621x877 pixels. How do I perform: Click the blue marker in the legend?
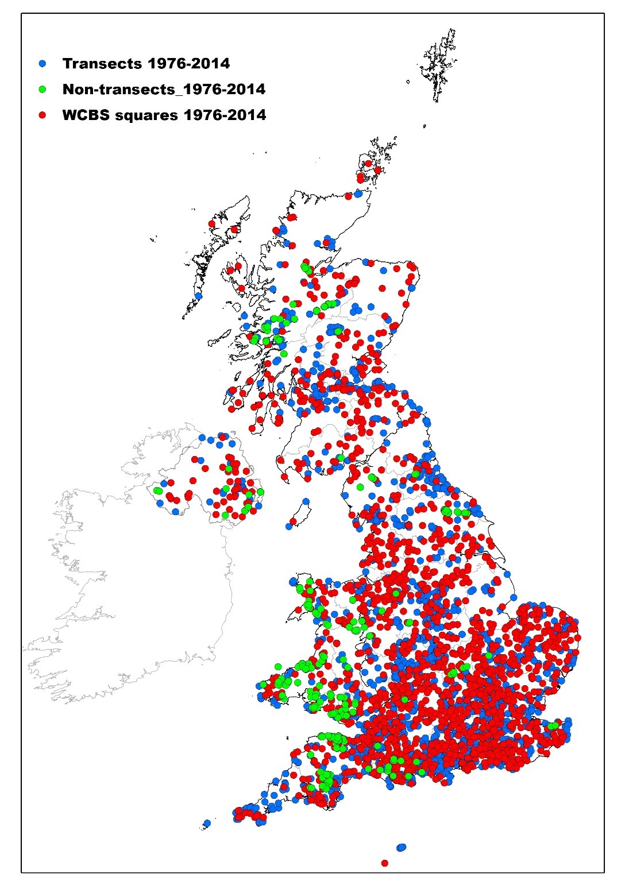[42, 63]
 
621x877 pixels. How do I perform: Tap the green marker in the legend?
[42, 89]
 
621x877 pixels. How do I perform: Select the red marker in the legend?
[42, 115]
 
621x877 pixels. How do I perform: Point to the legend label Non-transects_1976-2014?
[164, 89]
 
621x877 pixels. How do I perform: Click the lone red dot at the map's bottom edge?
[384, 863]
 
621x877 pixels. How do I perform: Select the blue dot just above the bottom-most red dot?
[401, 847]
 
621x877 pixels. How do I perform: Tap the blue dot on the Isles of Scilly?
[207, 823]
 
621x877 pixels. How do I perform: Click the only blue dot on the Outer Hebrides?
[198, 296]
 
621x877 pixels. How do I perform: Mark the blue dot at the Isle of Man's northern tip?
[306, 501]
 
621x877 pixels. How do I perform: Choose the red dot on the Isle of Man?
[293, 521]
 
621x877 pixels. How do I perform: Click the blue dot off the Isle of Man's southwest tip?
[288, 526]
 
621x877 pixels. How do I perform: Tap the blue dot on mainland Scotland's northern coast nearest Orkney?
[358, 194]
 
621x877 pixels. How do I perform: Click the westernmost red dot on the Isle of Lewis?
[212, 224]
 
